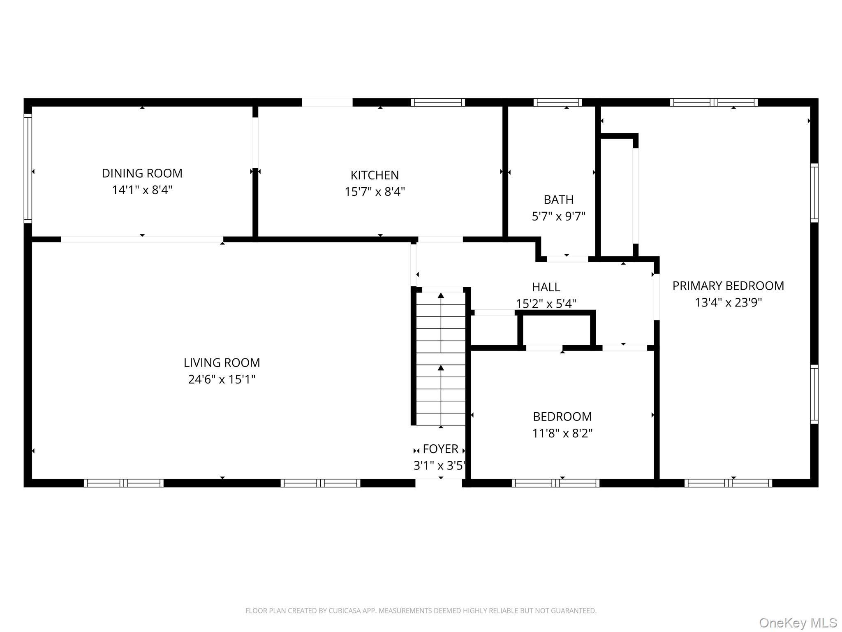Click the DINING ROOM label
(142, 173)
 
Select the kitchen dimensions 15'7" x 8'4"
(375, 192)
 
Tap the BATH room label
(558, 200)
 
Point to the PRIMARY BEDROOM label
(728, 286)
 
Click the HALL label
(546, 287)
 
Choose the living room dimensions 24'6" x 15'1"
(222, 379)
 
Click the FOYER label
(440, 449)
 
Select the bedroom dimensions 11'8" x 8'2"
(562, 433)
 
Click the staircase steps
(441, 358)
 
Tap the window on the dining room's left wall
(28, 168)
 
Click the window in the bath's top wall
(557, 102)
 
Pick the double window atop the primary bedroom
(714, 102)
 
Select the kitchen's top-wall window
(437, 102)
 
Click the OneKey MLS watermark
(798, 623)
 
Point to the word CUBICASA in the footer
(344, 611)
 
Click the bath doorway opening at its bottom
(567, 259)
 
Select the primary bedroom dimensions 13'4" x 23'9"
(728, 303)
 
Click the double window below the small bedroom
(555, 483)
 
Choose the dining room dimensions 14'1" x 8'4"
(142, 190)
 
